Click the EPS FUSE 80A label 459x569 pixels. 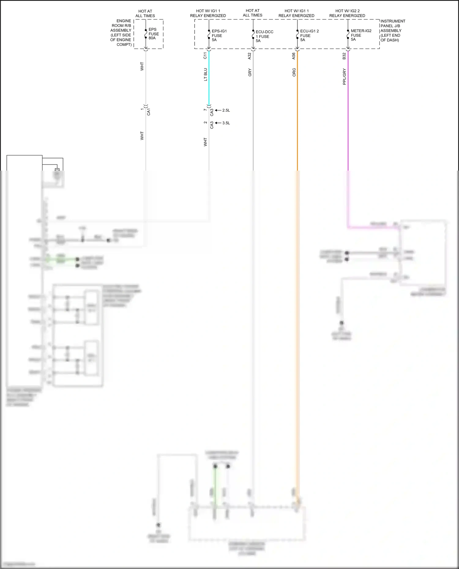tap(153, 34)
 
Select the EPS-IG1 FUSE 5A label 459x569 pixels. tap(219, 35)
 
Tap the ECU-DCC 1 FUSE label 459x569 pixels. tap(264, 36)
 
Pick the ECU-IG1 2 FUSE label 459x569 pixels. tap(309, 35)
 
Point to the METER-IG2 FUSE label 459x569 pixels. tap(361, 35)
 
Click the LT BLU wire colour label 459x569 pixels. tap(205, 75)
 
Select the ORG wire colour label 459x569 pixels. tap(294, 72)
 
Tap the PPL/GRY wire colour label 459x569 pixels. tap(344, 77)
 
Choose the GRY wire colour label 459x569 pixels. tap(250, 72)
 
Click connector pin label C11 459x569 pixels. tap(205, 56)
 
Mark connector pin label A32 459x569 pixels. tap(249, 56)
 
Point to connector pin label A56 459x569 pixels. tap(294, 56)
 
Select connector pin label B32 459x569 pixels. tap(344, 56)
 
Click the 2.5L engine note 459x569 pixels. tap(226, 110)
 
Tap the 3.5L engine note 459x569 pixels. tap(226, 123)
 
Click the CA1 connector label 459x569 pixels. tap(149, 112)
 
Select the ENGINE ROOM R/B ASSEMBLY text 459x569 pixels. tap(121, 33)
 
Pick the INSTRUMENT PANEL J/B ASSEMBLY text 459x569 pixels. tap(393, 31)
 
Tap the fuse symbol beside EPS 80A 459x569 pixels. tap(146, 34)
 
